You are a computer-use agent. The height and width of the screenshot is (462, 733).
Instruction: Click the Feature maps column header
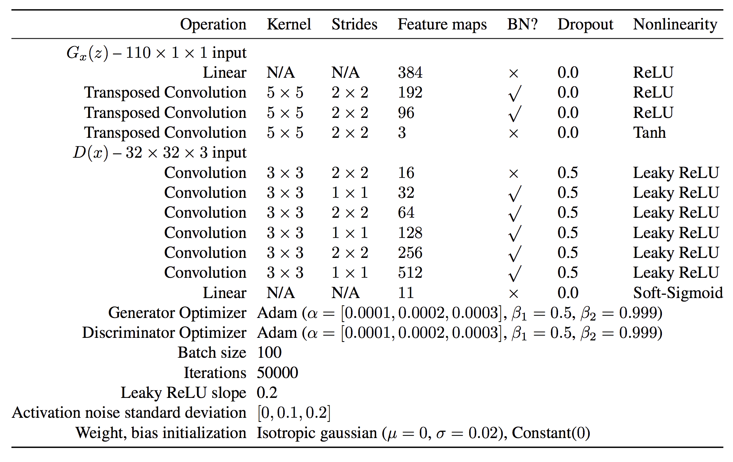(442, 24)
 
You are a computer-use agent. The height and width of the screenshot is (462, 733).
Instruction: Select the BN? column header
(522, 24)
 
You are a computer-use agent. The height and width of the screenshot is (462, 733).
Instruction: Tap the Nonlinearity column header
(675, 24)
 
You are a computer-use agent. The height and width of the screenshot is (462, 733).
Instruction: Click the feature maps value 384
(410, 73)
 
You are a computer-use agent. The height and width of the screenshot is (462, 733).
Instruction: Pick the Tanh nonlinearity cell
(649, 133)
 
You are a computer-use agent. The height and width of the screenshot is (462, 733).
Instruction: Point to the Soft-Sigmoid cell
(678, 293)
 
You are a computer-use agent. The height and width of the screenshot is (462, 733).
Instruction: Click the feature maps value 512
(410, 273)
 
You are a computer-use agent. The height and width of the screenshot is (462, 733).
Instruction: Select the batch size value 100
(269, 353)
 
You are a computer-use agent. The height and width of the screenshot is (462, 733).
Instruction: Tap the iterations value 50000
(277, 373)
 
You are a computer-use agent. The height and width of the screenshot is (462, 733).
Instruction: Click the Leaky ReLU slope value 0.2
(267, 393)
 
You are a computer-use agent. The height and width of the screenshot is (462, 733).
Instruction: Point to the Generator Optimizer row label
(177, 313)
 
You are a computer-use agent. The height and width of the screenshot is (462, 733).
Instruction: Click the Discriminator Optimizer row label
(164, 333)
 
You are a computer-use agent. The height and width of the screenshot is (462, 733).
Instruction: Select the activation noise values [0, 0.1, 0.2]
(294, 413)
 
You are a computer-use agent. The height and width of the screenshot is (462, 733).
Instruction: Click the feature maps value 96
(406, 113)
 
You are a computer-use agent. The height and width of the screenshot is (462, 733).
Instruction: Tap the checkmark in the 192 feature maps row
(515, 93)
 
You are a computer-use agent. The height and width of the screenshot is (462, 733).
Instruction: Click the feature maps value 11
(406, 293)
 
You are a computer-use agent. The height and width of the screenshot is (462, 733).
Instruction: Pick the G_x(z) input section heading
(156, 53)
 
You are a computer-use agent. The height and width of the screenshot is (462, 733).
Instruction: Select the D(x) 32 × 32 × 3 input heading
(159, 153)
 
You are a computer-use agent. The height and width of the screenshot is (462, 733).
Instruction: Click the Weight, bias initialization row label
(161, 433)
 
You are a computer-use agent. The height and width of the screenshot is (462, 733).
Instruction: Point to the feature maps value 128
(410, 233)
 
